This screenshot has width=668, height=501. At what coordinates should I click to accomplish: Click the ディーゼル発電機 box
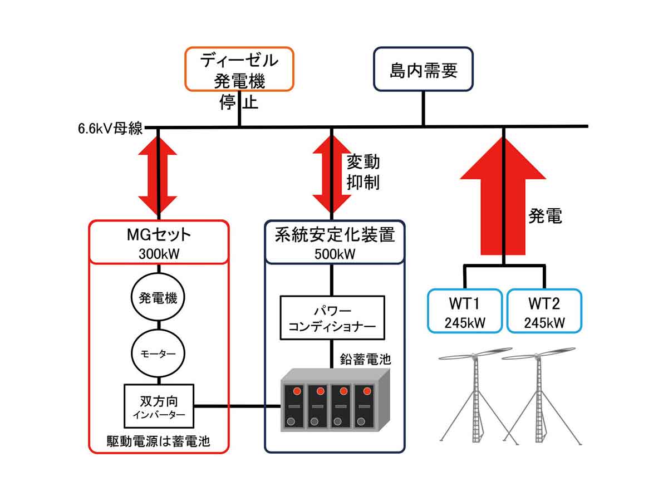click(x=239, y=68)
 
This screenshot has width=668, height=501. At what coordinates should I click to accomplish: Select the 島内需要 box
click(x=423, y=69)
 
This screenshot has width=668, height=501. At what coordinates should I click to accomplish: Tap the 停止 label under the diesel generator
click(x=239, y=104)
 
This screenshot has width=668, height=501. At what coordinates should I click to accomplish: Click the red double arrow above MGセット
click(x=158, y=173)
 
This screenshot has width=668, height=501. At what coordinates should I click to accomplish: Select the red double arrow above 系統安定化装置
click(x=332, y=173)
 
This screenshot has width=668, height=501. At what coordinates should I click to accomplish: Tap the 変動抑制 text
click(x=364, y=172)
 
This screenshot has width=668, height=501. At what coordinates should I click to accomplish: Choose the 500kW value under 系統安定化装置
click(x=335, y=254)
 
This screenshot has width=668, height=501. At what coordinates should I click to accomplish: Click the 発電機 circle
click(x=158, y=298)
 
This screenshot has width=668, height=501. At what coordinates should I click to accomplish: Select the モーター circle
click(x=158, y=353)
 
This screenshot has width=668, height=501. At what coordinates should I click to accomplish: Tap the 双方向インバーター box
click(x=159, y=406)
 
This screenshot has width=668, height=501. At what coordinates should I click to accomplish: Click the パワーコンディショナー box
click(x=332, y=318)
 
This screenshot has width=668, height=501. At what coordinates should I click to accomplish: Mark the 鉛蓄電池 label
click(x=365, y=359)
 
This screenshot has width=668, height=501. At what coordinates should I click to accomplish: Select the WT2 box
click(x=544, y=311)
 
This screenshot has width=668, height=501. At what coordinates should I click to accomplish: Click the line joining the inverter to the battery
click(x=237, y=406)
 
